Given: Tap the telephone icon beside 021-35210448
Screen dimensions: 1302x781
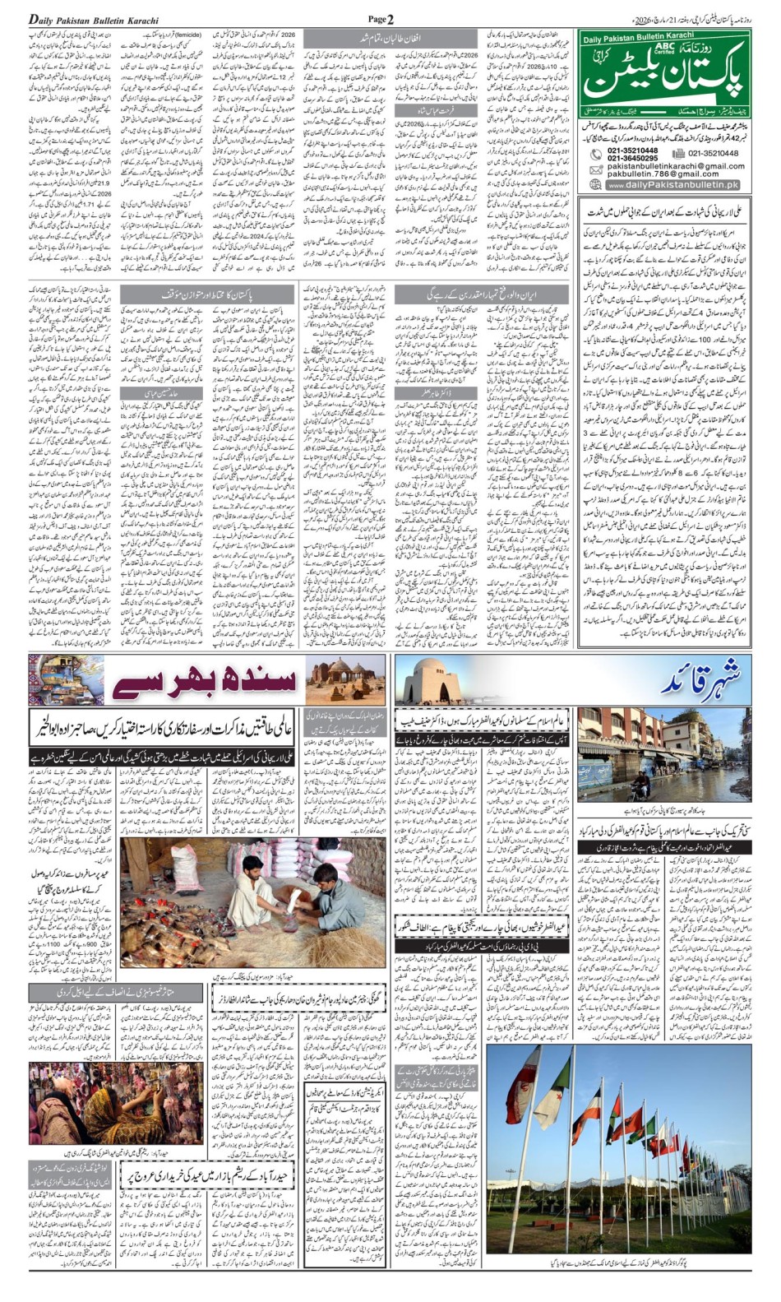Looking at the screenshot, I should pyautogui.click(x=596, y=154).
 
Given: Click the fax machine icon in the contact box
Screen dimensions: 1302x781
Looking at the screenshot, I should pyautogui.click(x=677, y=153).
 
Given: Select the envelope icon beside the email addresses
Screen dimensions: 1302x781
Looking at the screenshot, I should pyautogui.click(x=596, y=169).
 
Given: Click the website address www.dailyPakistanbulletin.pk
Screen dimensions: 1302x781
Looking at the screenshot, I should pyautogui.click(x=673, y=185).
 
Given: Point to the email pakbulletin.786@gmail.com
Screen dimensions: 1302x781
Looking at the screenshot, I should pyautogui.click(x=663, y=174).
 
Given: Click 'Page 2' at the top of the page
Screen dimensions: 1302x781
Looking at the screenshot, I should pyautogui.click(x=381, y=19).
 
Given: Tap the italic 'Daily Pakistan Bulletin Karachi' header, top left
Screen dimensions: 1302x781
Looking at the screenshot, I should pyautogui.click(x=93, y=20).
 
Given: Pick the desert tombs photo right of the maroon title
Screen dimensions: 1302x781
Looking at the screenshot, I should pyautogui.click(x=344, y=680).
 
